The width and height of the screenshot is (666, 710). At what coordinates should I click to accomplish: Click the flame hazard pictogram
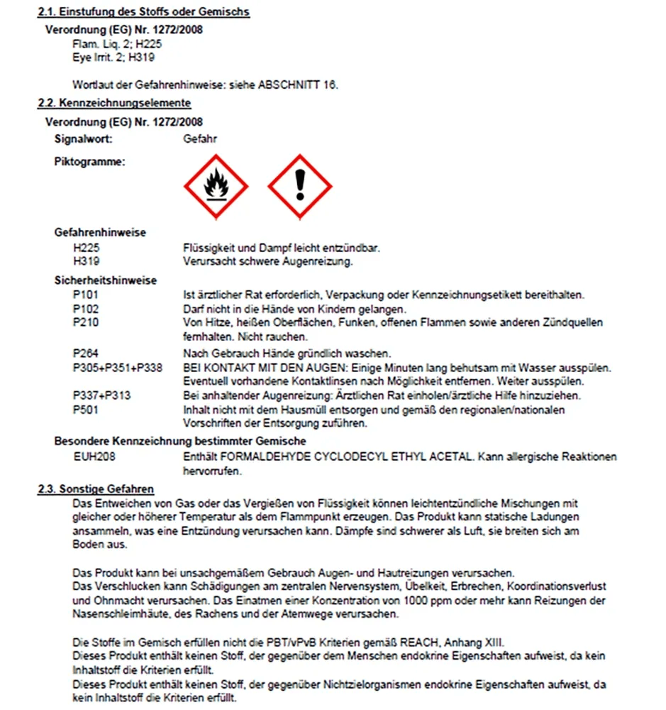coord(215,187)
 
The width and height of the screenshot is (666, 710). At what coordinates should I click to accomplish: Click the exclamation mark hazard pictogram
coord(300,187)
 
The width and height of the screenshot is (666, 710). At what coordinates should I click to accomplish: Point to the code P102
coord(86,309)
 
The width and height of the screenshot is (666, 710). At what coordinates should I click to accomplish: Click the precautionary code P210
coord(86,323)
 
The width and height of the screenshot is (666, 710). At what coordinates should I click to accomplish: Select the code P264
coord(86,353)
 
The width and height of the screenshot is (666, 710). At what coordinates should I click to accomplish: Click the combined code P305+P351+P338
coord(118,367)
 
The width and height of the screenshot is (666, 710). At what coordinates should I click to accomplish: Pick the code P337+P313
coord(101,395)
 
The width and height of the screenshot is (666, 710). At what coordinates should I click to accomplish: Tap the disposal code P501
coord(86,410)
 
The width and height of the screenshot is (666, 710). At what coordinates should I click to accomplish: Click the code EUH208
coord(91,456)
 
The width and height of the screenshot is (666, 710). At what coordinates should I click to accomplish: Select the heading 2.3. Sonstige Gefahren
coord(95,489)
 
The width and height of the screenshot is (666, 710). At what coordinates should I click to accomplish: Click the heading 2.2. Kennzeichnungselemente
coord(113,103)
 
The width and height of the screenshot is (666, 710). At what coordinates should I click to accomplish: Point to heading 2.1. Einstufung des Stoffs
coord(143,12)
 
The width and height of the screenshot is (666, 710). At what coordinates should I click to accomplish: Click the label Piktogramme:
coord(89,161)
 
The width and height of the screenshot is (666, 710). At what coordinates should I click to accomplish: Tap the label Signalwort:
coord(83,138)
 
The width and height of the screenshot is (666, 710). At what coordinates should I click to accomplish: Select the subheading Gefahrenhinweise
coord(100,232)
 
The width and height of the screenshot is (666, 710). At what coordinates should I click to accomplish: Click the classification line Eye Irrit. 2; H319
coord(113,57)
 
